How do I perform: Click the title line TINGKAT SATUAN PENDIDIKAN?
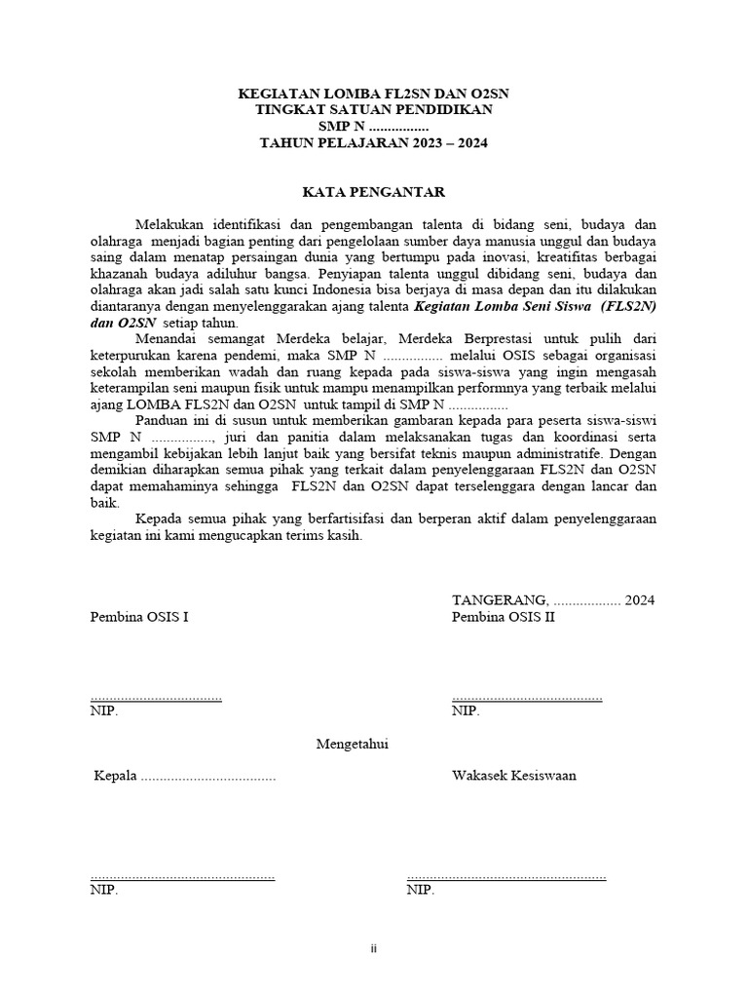tap(373, 110)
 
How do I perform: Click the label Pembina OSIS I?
tap(140, 617)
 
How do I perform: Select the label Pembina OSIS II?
tap(503, 617)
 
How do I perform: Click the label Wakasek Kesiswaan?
tap(513, 776)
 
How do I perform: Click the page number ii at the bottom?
tap(373, 948)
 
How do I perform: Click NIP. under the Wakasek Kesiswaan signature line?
tap(421, 890)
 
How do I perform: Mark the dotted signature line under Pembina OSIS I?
tap(155, 698)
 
